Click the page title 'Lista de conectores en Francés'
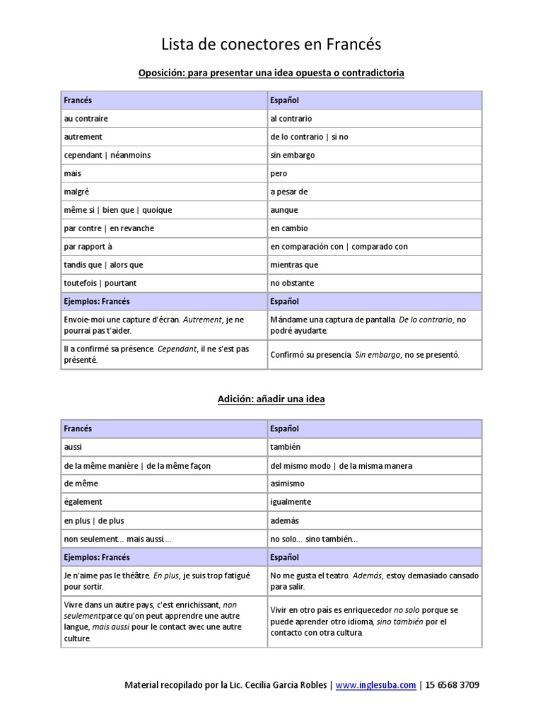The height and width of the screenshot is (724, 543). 271,45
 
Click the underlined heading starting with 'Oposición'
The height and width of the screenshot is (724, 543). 271,73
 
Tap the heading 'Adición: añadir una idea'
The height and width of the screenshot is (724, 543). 271,399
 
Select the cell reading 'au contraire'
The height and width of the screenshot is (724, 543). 86,119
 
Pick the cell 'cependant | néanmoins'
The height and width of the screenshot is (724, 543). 107,155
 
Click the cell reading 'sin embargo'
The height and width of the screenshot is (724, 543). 293,155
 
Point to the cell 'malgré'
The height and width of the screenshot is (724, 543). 76,192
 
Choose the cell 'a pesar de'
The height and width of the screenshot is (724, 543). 289,192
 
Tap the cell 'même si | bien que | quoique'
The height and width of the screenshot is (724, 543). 118,210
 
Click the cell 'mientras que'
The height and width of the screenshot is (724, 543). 294,265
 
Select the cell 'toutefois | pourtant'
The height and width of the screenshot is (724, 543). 100,284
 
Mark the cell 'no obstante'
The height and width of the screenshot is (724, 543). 292,284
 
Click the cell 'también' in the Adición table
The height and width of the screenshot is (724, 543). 286,448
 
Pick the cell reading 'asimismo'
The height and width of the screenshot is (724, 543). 287,484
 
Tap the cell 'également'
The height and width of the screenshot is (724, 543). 83,502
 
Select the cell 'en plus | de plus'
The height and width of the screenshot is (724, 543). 94,520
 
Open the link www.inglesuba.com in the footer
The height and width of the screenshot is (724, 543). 375,685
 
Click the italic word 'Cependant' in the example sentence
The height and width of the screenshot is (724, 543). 176,349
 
